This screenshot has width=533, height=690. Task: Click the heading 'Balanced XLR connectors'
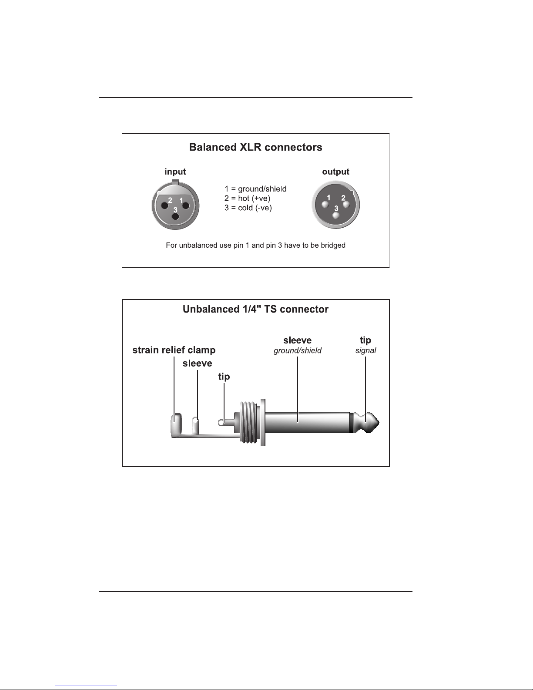click(255, 147)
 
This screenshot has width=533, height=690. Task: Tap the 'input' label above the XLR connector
click(175, 172)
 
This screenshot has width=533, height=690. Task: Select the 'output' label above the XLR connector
click(335, 172)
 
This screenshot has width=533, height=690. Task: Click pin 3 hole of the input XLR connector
click(175, 217)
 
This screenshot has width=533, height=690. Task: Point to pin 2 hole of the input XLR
click(164, 205)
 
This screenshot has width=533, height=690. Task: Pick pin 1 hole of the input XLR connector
click(186, 205)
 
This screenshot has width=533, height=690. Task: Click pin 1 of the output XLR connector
click(325, 205)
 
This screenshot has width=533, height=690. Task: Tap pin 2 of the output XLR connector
click(346, 204)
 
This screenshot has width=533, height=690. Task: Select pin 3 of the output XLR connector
click(335, 215)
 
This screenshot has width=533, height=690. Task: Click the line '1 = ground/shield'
click(255, 189)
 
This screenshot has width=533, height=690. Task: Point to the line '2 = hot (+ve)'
click(247, 199)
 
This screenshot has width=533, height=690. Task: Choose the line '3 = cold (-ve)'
click(248, 208)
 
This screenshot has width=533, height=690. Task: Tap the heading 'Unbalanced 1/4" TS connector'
click(255, 309)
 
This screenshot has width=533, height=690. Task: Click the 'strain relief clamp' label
click(174, 350)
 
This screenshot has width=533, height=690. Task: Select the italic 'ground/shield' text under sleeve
click(298, 350)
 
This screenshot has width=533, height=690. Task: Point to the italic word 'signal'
click(365, 350)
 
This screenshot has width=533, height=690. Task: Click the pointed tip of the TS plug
click(379, 423)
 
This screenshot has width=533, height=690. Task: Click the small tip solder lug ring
click(221, 423)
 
